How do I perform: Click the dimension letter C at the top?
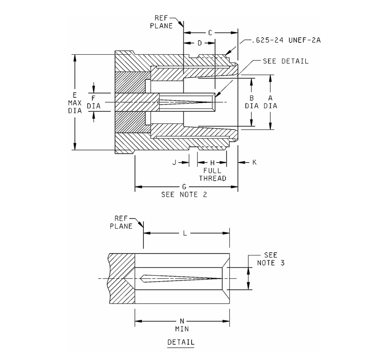(210, 33)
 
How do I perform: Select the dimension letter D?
(200, 43)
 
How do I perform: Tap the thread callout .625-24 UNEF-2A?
(286, 41)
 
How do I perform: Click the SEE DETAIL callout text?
(285, 61)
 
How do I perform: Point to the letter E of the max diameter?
(74, 94)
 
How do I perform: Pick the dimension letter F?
(93, 98)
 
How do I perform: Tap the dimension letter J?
(174, 163)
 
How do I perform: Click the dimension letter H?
(212, 163)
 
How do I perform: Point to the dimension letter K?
(254, 163)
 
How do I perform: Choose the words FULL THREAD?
(212, 174)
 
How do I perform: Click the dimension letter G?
(184, 186)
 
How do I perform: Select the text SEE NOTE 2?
(184, 195)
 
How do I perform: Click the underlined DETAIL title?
(181, 342)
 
